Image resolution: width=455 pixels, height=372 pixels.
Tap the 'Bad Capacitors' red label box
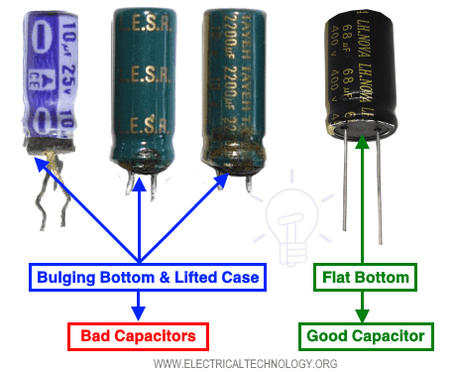[x=138, y=335]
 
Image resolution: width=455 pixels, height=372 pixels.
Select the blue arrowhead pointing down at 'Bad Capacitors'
[x=139, y=315]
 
